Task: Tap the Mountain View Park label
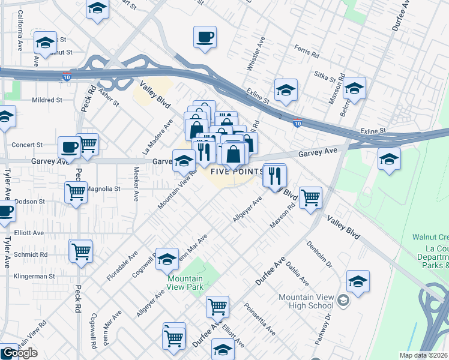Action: pyautogui.click(x=185, y=283)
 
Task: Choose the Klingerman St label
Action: pyautogui.click(x=34, y=277)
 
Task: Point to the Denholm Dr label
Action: pyautogui.click(x=315, y=256)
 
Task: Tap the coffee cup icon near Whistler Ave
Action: pyautogui.click(x=205, y=37)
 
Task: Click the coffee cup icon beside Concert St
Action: pyautogui.click(x=69, y=146)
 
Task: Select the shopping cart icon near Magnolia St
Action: pyautogui.click(x=76, y=193)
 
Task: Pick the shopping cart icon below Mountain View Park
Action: pyautogui.click(x=217, y=307)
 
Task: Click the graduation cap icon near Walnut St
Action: pyautogui.click(x=44, y=43)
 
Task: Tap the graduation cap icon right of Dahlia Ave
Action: pyautogui.click(x=358, y=281)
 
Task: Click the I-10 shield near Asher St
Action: pyautogui.click(x=65, y=77)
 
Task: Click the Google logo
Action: pyautogui.click(x=19, y=353)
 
